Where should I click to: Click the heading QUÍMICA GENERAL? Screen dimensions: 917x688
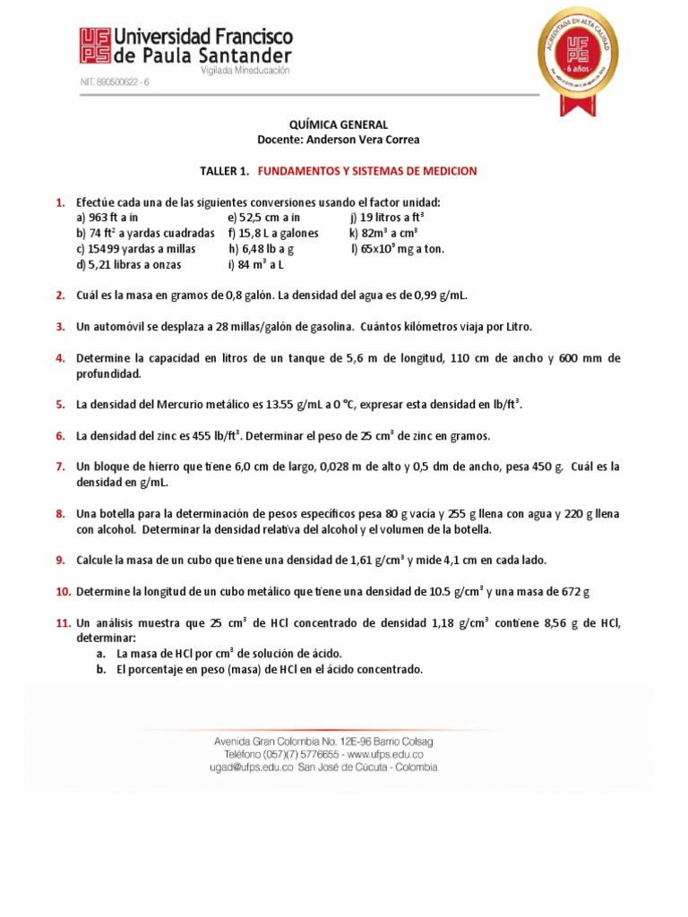338,125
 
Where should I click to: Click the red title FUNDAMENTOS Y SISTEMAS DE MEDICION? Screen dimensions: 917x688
367,171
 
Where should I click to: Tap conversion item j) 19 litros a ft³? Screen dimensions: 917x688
387,218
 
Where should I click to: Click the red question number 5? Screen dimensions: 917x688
60,405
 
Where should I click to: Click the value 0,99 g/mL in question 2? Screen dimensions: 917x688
437,296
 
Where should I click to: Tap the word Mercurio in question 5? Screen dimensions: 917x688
193,405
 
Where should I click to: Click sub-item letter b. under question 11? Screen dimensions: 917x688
102,669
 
